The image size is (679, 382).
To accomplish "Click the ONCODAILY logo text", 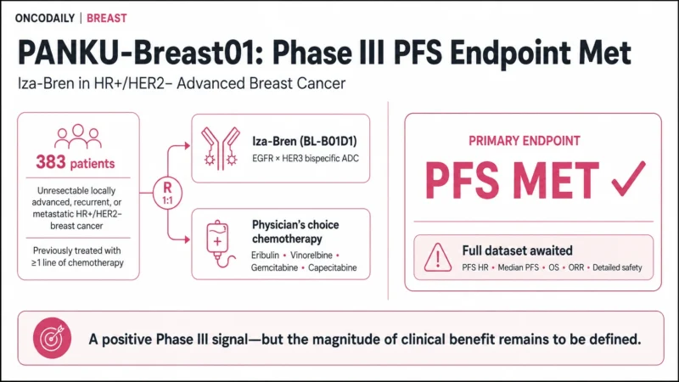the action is pyautogui.click(x=45, y=18).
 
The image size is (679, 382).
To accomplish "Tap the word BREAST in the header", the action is pyautogui.click(x=107, y=18).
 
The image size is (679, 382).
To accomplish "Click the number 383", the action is pyautogui.click(x=51, y=162).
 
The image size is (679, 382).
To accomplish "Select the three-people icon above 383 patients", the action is pyautogui.click(x=78, y=137).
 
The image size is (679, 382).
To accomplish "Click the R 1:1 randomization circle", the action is pyautogui.click(x=167, y=194).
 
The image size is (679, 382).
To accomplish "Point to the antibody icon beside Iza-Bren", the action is pyautogui.click(x=221, y=148).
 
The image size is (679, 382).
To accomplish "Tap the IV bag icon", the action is pyautogui.click(x=219, y=244).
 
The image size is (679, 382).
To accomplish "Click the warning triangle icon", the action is pyautogui.click(x=438, y=257).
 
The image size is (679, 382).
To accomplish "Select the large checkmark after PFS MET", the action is pyautogui.click(x=628, y=178).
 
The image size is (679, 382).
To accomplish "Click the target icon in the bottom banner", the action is pyautogui.click(x=52, y=338).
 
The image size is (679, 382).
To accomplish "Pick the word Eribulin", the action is pyautogui.click(x=265, y=256).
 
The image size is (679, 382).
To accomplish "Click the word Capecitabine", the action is pyautogui.click(x=332, y=267).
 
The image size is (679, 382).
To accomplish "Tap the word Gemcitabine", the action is pyautogui.click(x=274, y=267).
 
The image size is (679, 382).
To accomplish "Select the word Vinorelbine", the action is pyautogui.click(x=311, y=256).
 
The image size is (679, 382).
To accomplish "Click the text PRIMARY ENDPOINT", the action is pyautogui.click(x=525, y=141).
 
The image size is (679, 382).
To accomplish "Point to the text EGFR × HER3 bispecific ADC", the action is pyautogui.click(x=306, y=159).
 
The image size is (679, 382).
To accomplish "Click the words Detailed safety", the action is pyautogui.click(x=617, y=267).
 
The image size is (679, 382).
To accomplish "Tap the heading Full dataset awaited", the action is pyautogui.click(x=517, y=250).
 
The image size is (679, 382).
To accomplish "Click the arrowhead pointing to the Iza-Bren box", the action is pyautogui.click(x=187, y=145).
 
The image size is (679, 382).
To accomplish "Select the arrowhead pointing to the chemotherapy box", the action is pyautogui.click(x=187, y=239).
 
